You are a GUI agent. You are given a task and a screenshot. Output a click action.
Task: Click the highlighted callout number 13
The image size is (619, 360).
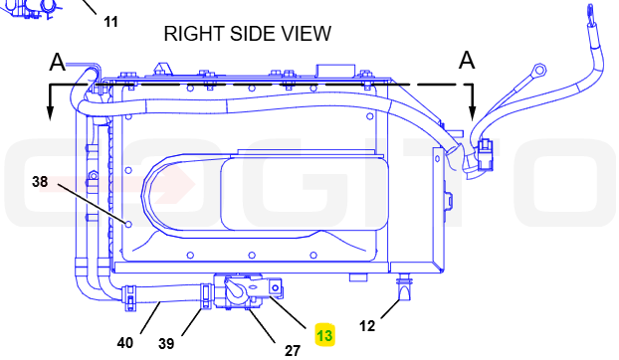click(324, 335)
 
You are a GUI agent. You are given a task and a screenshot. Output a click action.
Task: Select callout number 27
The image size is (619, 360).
click(293, 350)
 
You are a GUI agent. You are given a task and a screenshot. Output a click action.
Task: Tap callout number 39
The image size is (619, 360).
click(166, 344)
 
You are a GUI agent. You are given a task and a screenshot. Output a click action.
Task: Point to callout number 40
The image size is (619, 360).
click(125, 343)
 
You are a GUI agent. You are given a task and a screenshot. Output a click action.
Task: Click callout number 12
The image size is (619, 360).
click(367, 326)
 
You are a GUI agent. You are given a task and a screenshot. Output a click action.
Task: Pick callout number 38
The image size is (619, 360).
click(40, 182)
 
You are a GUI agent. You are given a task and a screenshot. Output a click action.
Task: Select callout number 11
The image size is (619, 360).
click(110, 22)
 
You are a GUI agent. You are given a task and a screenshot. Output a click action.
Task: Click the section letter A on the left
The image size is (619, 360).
click(58, 63)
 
